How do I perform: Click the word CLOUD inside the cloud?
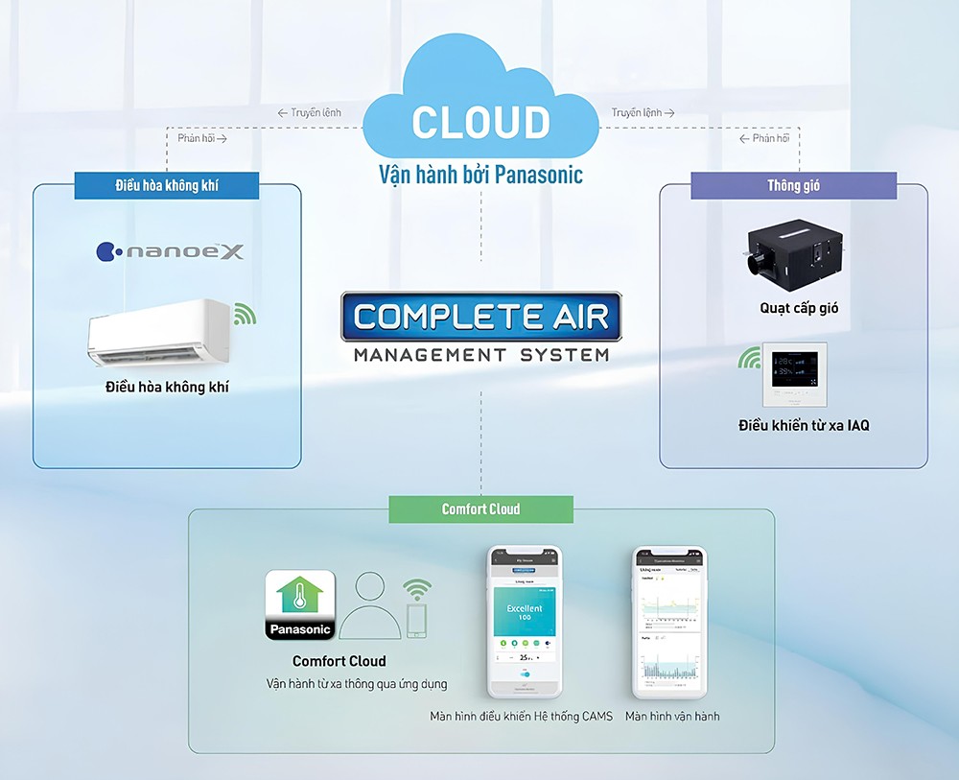(480, 123)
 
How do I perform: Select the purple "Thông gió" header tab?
(793, 185)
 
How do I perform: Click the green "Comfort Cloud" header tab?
(480, 508)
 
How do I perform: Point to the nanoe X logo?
(171, 252)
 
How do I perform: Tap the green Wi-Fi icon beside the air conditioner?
(245, 314)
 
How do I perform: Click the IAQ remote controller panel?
(793, 376)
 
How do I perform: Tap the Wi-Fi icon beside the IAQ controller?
(748, 360)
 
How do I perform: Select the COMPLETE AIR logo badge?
(480, 318)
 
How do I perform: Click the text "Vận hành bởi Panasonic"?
(480, 175)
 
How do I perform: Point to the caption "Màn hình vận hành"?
(671, 716)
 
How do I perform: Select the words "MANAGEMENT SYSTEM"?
(480, 355)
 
